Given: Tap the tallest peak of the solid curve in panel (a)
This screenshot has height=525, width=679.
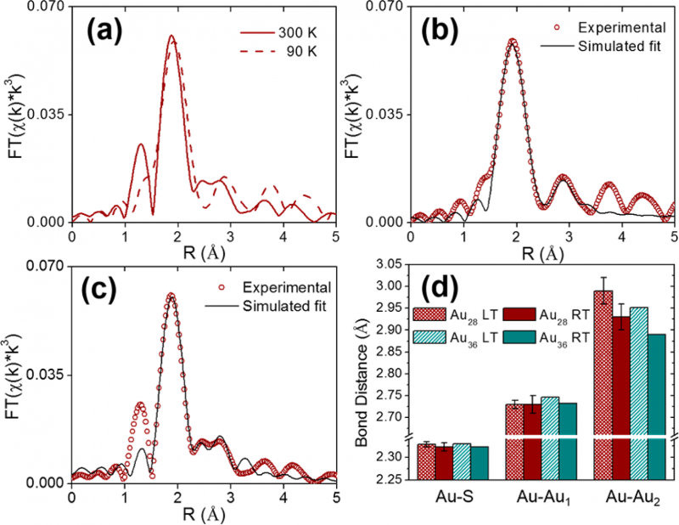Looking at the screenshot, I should pyautogui.click(x=171, y=36).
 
